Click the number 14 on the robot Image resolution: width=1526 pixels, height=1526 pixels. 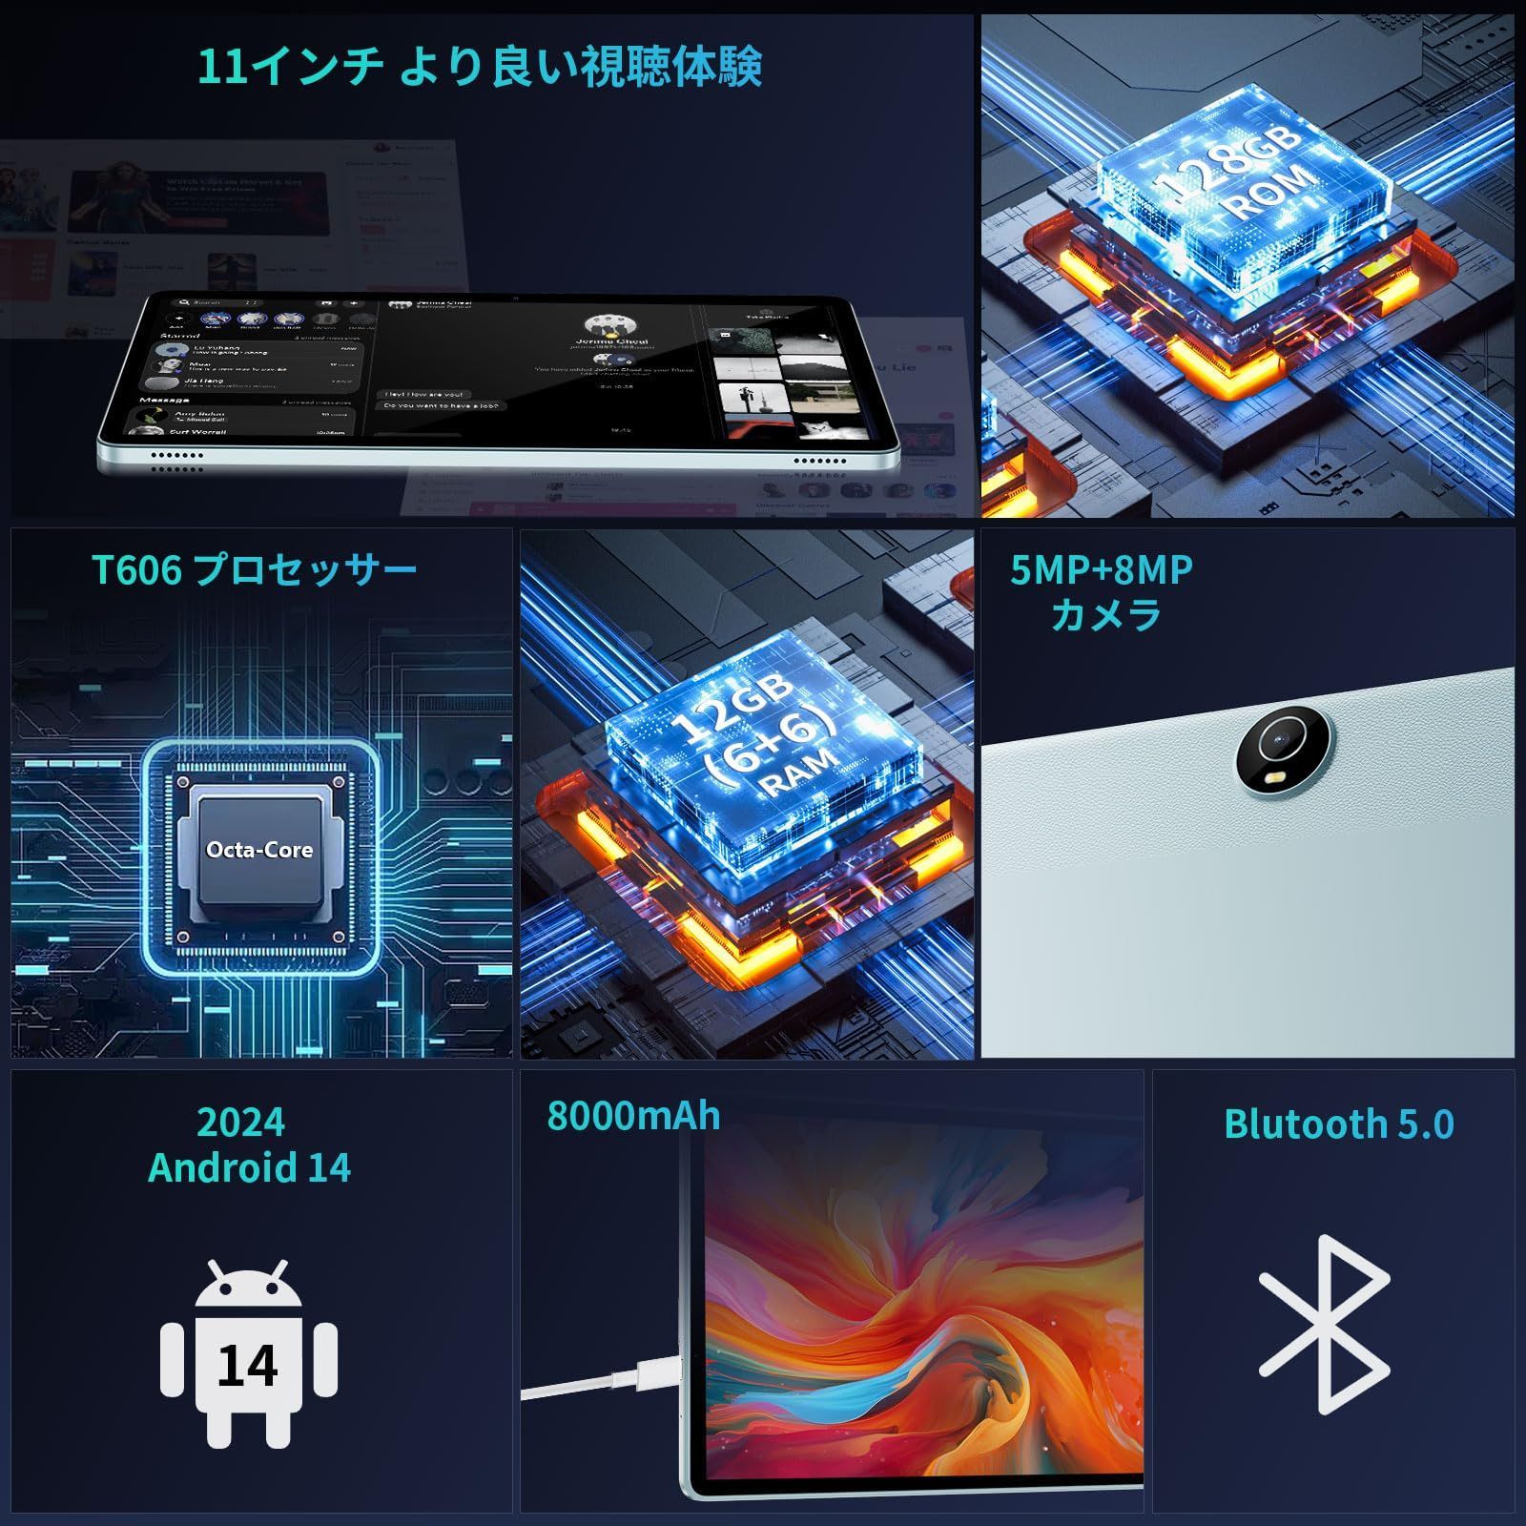click(x=247, y=1366)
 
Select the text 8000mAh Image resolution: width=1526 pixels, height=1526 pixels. click(x=633, y=1116)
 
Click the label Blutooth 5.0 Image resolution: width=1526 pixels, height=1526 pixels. click(x=1338, y=1124)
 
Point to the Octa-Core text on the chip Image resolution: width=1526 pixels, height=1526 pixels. click(x=259, y=850)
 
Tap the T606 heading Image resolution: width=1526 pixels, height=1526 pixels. click(x=136, y=570)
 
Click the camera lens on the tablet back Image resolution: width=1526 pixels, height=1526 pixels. click(x=1277, y=742)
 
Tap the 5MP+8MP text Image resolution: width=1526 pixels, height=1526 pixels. click(x=1101, y=570)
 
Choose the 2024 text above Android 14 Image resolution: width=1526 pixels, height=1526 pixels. click(x=240, y=1123)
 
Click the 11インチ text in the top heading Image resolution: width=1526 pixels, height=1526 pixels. click(x=291, y=67)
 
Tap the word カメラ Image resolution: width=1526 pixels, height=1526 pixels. click(x=1105, y=615)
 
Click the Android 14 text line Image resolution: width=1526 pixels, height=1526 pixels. click(x=249, y=1168)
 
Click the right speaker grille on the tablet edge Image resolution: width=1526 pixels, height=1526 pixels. click(x=819, y=462)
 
